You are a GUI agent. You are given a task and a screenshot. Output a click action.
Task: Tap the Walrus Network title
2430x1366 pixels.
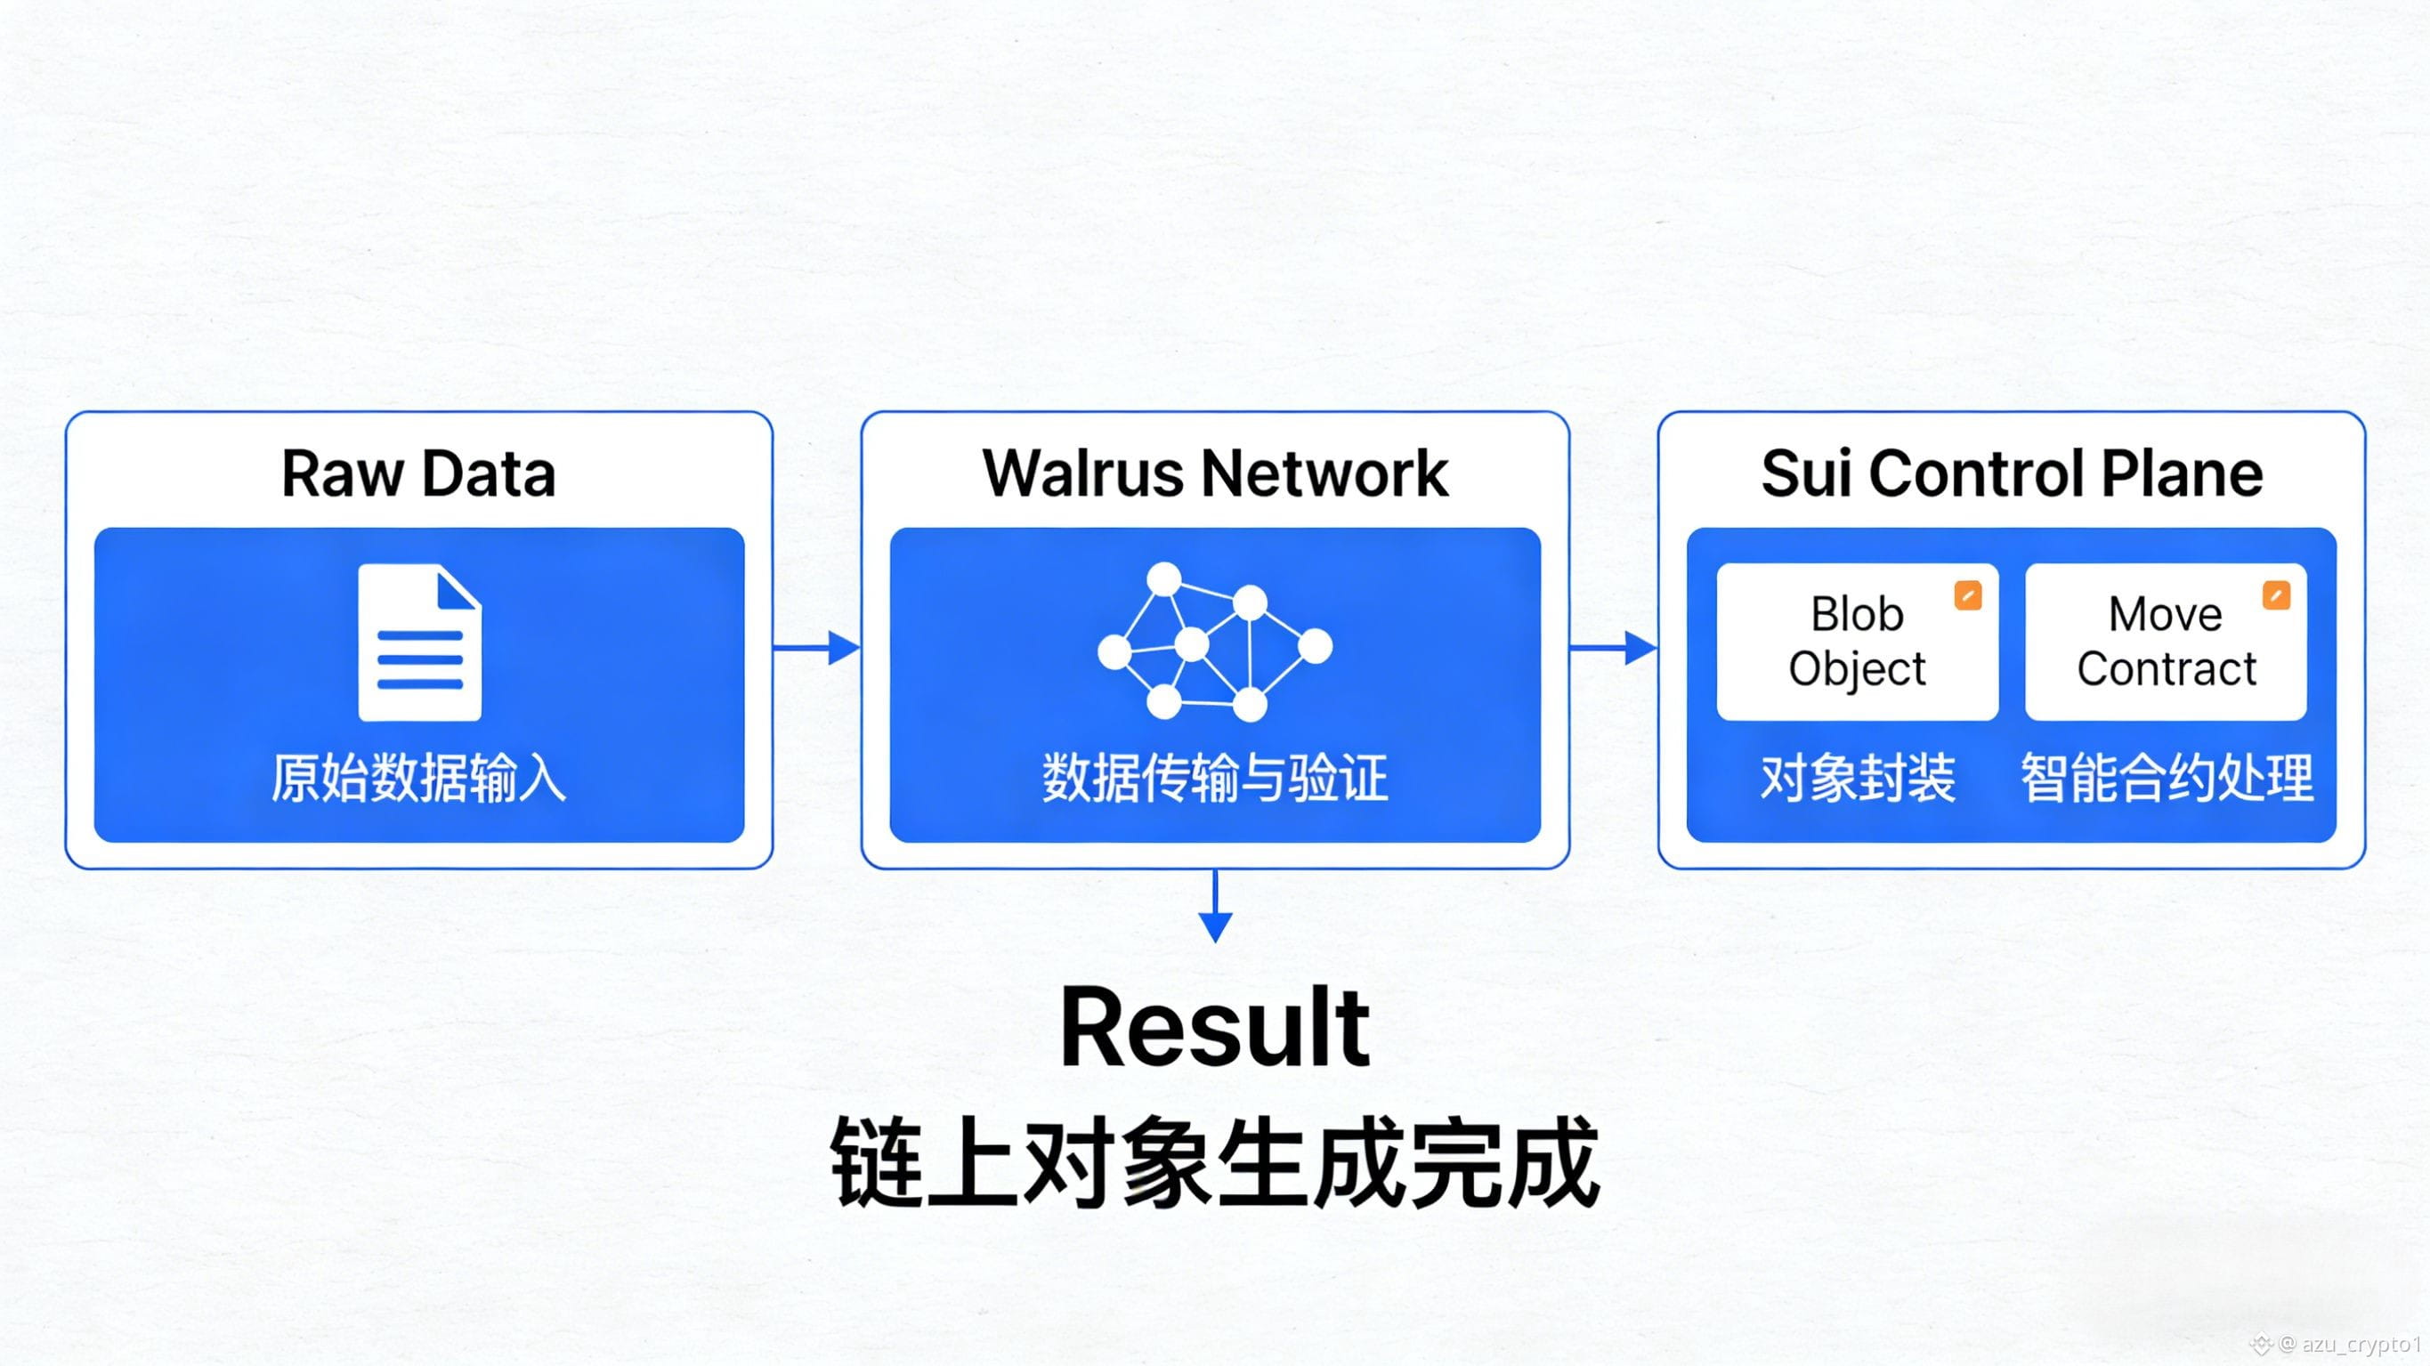coord(1215,473)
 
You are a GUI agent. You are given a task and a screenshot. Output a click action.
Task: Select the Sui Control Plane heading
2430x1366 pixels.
coord(2011,473)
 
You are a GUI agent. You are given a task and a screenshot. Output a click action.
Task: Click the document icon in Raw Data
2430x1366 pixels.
coord(420,643)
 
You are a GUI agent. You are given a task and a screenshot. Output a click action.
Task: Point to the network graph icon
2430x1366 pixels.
coord(1214,643)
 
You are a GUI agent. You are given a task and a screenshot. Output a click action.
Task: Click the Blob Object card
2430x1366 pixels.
coord(1857,642)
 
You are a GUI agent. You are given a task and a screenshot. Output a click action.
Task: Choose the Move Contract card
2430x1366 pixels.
coord(2166,642)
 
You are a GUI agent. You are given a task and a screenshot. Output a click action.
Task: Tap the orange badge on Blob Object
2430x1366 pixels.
coord(1968,596)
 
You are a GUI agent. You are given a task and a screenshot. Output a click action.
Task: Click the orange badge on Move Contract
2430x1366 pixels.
coord(2276,596)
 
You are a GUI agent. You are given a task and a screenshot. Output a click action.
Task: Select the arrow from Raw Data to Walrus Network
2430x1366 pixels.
coord(817,648)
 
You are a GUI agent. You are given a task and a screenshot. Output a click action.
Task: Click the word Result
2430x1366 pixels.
coord(1215,1028)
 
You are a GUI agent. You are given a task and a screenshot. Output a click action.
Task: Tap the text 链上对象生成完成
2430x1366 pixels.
coord(1215,1162)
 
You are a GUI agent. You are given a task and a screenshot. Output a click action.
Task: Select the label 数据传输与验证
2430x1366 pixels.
coord(1215,780)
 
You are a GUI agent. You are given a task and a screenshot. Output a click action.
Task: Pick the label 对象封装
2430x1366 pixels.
coord(1858,780)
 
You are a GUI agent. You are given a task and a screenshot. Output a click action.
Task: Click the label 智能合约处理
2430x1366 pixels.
coord(2167,780)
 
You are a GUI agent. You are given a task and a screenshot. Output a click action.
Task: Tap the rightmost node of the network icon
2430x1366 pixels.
coord(1315,647)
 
